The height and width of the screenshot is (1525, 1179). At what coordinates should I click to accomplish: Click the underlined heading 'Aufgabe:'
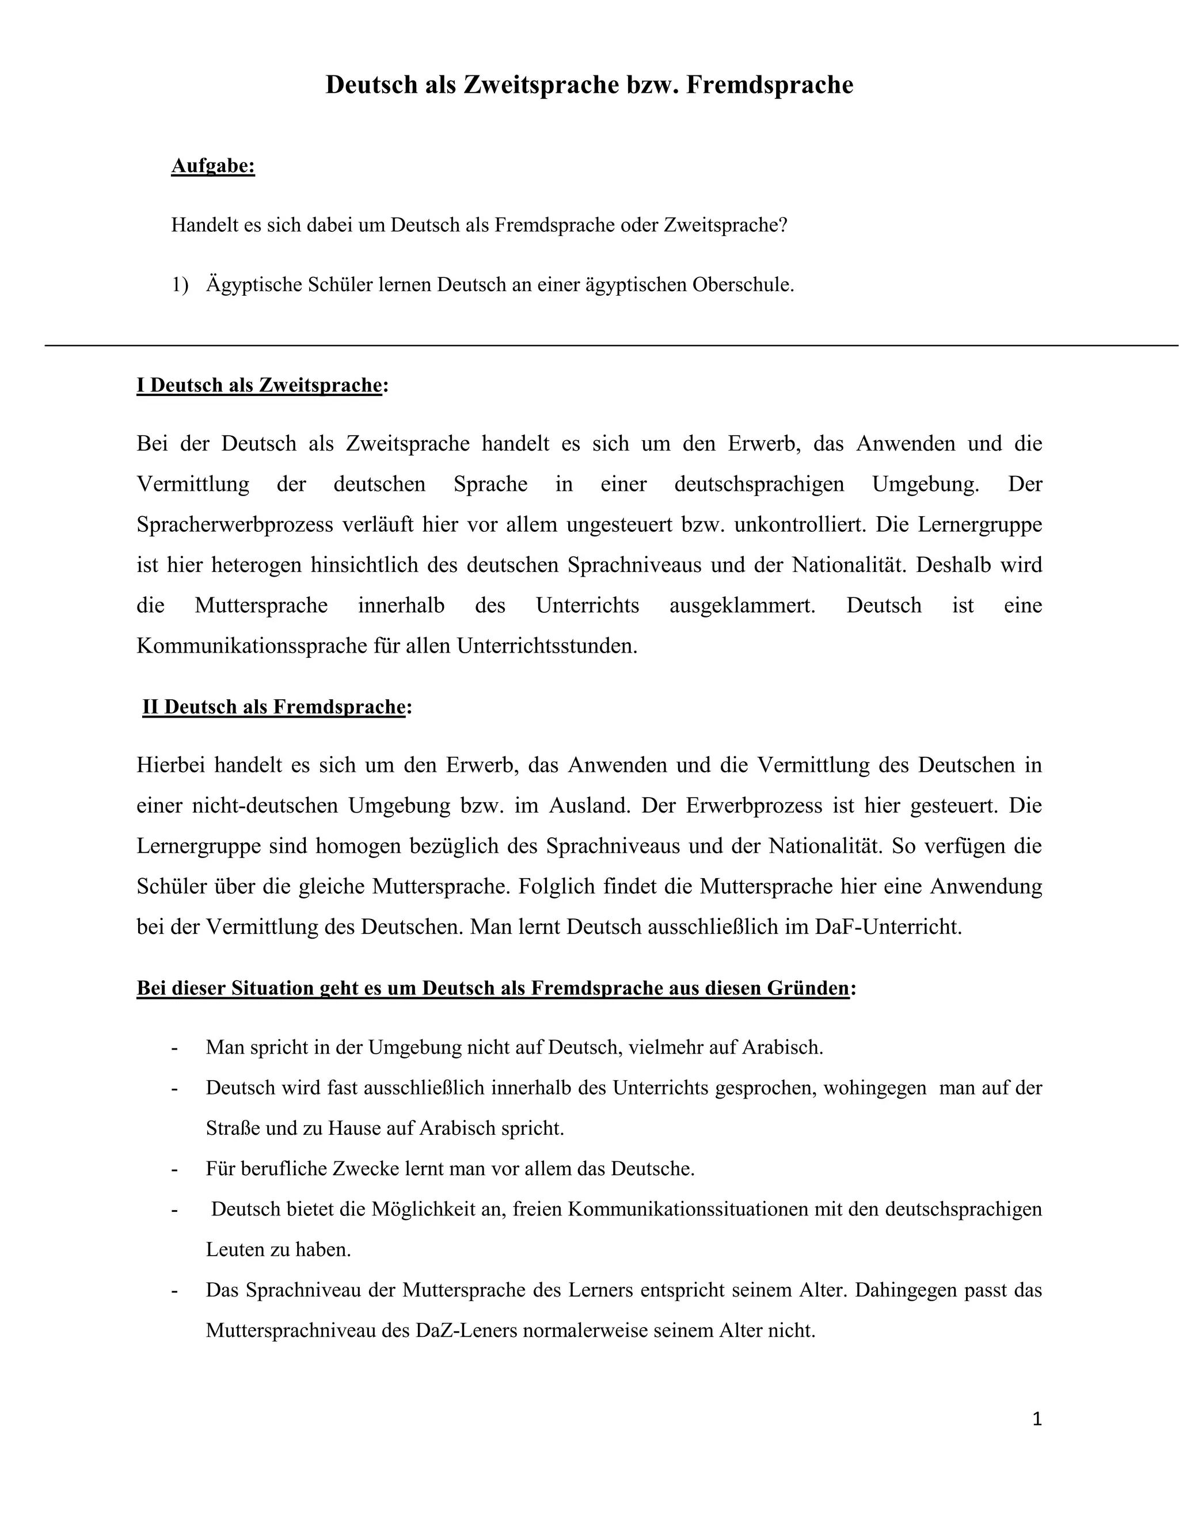[213, 166]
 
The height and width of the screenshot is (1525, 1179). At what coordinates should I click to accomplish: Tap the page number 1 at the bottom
[1036, 1419]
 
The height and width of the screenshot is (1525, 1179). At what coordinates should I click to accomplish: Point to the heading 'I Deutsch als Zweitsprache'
[259, 386]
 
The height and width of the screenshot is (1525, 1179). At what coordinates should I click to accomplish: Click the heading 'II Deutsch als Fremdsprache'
[274, 707]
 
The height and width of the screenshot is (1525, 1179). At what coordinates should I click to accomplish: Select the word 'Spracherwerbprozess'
[235, 524]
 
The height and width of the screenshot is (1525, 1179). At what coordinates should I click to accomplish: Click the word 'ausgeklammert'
[741, 605]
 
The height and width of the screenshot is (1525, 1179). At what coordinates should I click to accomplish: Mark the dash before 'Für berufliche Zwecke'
[174, 1169]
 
